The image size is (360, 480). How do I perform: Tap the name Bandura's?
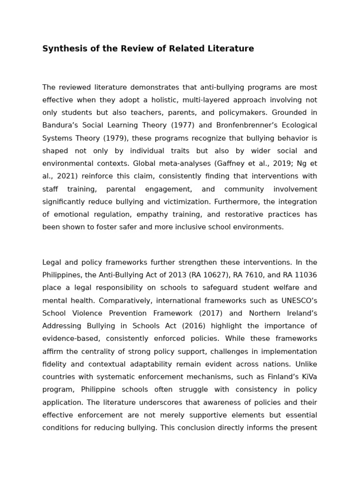point(62,125)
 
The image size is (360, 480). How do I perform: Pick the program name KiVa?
point(307,377)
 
